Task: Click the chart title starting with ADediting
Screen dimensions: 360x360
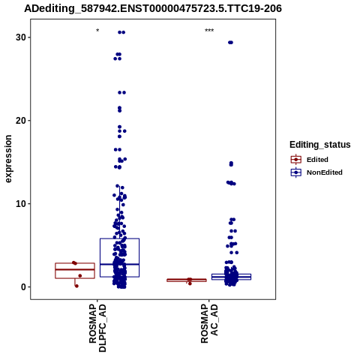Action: click(x=153, y=9)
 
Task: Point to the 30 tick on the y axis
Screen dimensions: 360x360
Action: click(x=29, y=37)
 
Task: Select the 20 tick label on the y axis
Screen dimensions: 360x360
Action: click(x=21, y=121)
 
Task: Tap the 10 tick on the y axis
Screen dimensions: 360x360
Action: click(x=29, y=204)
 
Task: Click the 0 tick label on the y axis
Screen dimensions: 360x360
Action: click(x=23, y=287)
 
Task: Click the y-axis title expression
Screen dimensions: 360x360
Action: click(x=8, y=159)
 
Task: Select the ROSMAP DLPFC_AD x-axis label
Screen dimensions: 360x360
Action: click(x=97, y=328)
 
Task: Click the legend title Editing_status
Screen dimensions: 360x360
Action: click(x=320, y=145)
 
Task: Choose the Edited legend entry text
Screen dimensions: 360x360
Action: click(x=317, y=160)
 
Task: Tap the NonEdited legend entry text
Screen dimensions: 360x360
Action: click(x=325, y=172)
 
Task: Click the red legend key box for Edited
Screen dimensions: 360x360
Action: click(x=296, y=160)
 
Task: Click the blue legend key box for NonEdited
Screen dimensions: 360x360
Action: click(x=296, y=172)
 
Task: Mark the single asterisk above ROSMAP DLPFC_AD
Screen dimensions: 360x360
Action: click(x=97, y=31)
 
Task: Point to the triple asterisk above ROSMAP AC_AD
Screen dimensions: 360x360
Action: click(x=209, y=31)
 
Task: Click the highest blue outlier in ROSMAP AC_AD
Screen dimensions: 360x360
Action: click(x=230, y=43)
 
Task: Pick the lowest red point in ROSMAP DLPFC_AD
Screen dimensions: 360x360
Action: click(x=76, y=286)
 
